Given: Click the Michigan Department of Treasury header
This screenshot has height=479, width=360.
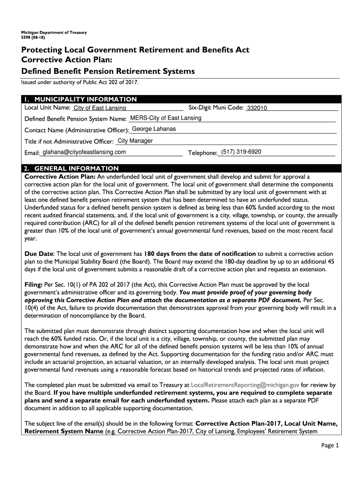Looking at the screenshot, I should [x=50, y=32].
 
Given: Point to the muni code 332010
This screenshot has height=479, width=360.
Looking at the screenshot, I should [x=257, y=109].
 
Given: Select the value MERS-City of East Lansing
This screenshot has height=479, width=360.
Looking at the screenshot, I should [x=166, y=118].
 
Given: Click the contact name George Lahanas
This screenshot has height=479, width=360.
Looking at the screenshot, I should [x=154, y=129].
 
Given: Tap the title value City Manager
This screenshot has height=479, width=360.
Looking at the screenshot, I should [x=135, y=141].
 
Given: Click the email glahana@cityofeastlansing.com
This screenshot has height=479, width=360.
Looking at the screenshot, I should [x=84, y=152].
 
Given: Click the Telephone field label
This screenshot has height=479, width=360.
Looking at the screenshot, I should [x=202, y=153].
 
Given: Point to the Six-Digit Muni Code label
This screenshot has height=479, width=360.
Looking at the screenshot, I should [x=216, y=108].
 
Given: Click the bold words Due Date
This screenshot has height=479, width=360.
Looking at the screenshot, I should [x=39, y=254].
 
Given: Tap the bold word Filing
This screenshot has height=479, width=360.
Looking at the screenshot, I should [x=33, y=284].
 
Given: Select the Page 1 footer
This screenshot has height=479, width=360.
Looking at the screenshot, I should [x=331, y=445].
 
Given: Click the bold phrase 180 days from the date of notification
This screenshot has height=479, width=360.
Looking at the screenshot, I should [x=200, y=254].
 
